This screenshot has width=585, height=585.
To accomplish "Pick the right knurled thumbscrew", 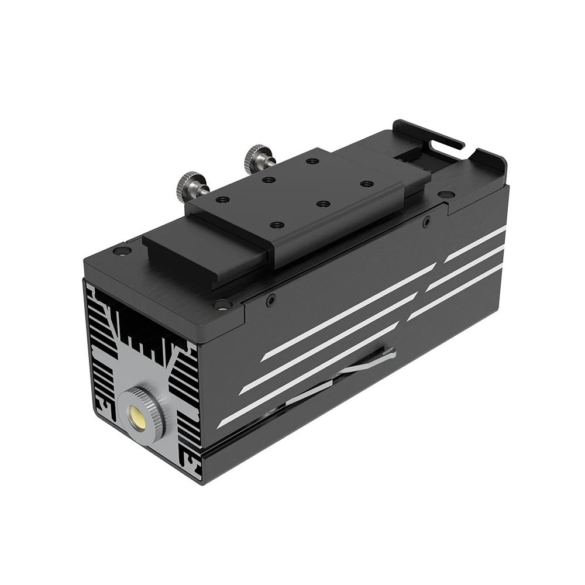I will [x=257, y=157].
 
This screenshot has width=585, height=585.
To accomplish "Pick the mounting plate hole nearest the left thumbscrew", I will [x=222, y=199].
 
